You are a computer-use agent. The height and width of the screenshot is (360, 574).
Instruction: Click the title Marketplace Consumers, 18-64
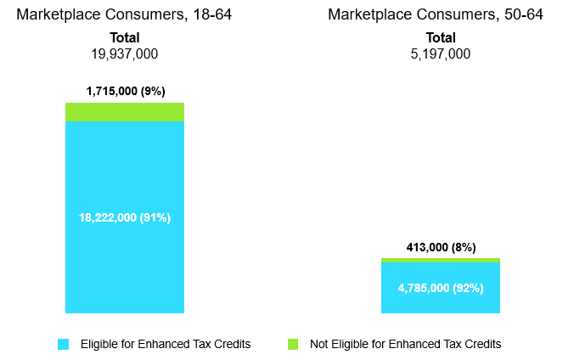click(124, 14)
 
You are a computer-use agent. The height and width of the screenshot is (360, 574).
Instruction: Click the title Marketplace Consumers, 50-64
click(436, 14)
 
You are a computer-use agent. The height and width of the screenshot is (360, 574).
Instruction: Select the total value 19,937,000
click(124, 54)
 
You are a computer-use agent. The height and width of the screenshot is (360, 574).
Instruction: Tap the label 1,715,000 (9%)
click(124, 89)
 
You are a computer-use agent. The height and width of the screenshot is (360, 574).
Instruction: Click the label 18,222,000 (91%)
click(124, 217)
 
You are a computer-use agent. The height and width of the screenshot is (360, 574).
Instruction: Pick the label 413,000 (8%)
click(440, 246)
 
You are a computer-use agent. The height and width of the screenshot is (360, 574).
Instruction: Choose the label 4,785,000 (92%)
click(440, 288)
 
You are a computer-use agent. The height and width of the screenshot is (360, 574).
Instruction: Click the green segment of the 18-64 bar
click(124, 112)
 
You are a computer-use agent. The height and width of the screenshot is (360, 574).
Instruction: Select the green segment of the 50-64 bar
click(440, 260)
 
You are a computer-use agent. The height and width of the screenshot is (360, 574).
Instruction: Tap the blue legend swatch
click(63, 344)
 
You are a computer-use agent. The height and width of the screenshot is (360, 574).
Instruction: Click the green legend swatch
click(293, 344)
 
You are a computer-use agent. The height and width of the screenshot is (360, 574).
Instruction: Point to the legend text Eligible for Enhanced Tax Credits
click(166, 344)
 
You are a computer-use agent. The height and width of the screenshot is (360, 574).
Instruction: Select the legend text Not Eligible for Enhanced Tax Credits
click(405, 344)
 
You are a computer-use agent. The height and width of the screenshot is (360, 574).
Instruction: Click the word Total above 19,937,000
click(124, 38)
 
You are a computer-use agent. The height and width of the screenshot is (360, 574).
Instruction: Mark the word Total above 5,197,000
click(440, 38)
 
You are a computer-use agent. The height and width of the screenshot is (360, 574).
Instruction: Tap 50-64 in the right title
click(523, 14)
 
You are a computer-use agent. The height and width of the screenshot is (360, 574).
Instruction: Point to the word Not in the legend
click(319, 344)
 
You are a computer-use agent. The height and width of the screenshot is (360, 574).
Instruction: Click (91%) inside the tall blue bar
click(155, 217)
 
